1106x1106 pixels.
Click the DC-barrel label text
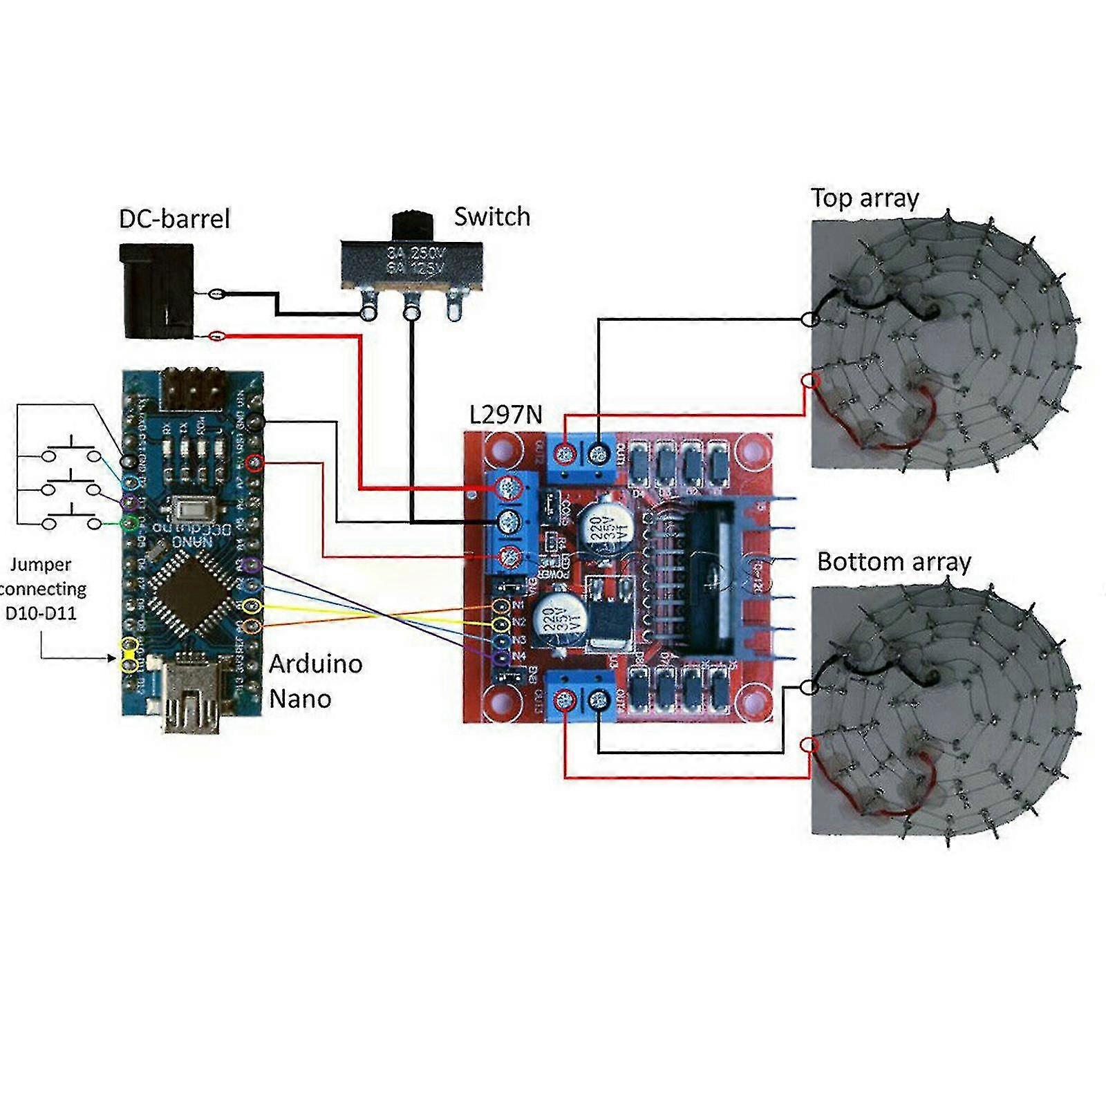click(x=174, y=219)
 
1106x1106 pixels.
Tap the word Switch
click(x=491, y=217)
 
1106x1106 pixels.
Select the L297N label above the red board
click(x=505, y=415)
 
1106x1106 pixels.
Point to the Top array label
click(x=865, y=198)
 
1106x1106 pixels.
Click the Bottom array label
click(x=894, y=561)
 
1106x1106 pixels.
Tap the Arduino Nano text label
click(x=315, y=681)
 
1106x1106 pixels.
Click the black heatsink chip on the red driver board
click(x=712, y=577)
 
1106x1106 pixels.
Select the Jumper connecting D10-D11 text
click(x=43, y=588)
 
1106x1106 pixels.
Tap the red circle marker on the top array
click(x=810, y=381)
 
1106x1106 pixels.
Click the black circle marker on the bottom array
click(x=810, y=687)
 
